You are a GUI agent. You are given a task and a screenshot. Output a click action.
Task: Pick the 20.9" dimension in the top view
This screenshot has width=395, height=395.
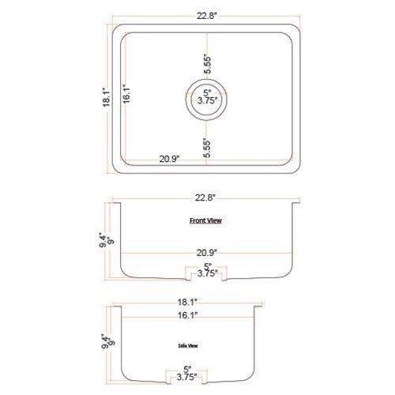pyautogui.click(x=168, y=159)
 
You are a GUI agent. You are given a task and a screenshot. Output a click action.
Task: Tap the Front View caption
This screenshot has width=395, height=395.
pyautogui.click(x=205, y=221)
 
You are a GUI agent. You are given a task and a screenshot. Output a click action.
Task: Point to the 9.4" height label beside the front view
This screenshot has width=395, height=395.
pyautogui.click(x=103, y=235)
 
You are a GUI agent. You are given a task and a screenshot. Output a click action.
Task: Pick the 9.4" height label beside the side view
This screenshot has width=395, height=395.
pyautogui.click(x=103, y=342)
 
